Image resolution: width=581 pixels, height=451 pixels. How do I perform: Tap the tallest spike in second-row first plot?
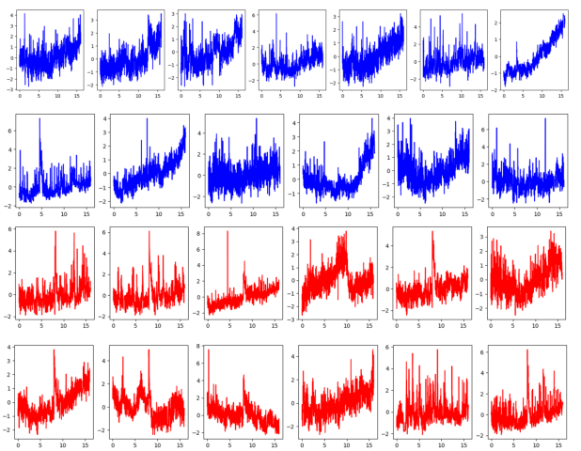[x=39, y=119]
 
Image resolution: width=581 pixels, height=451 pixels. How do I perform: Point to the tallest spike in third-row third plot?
[x=228, y=231]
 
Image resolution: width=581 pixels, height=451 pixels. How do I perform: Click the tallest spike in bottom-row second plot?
[x=149, y=350]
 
